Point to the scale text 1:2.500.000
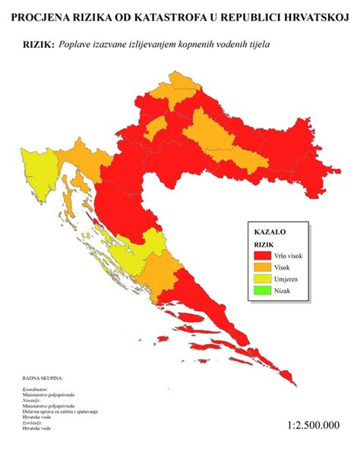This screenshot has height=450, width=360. (314, 426)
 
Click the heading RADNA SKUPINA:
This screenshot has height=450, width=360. (43, 377)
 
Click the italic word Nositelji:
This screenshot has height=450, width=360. (33, 401)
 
